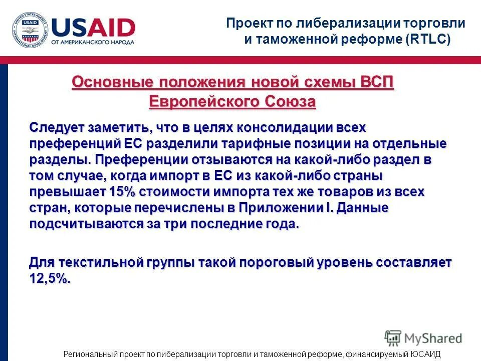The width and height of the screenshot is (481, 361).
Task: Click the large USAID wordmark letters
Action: (93, 27)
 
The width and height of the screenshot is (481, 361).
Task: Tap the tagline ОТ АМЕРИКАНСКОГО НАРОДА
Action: (93, 42)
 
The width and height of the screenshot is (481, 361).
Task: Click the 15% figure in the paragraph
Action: (120, 192)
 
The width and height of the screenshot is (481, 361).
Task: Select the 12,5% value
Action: (50, 279)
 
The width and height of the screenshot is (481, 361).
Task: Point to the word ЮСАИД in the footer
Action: (425, 354)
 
